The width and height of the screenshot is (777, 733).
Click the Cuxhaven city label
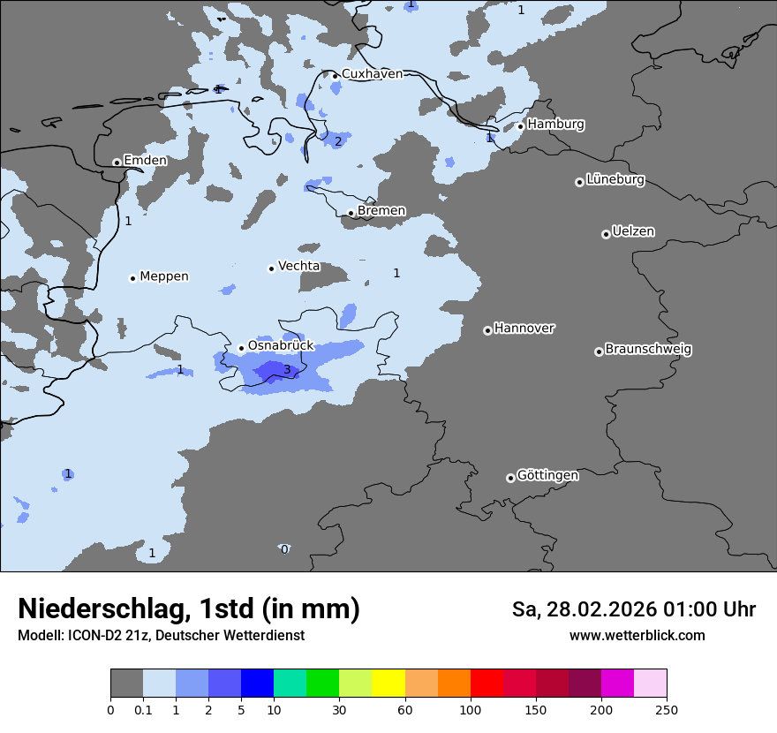(372, 74)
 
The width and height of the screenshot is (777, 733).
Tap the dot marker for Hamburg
(521, 126)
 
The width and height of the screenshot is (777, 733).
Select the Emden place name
(145, 161)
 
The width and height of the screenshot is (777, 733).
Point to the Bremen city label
(381, 211)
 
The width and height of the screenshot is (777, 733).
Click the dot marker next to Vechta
(271, 268)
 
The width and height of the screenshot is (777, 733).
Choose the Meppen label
(164, 276)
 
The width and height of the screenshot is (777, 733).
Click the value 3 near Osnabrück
(287, 369)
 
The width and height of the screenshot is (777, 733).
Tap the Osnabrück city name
(281, 346)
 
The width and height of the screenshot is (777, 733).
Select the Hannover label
(524, 329)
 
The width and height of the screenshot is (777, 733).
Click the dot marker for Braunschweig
(599, 351)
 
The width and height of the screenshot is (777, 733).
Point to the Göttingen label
(547, 476)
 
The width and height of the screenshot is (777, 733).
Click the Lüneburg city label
(615, 180)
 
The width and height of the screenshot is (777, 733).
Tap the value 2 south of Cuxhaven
(337, 141)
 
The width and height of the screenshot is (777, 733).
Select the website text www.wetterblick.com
(637, 636)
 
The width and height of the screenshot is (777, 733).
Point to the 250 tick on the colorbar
(667, 709)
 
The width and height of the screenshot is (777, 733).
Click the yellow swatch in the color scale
(388, 684)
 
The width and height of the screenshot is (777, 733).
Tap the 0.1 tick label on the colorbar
(142, 709)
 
